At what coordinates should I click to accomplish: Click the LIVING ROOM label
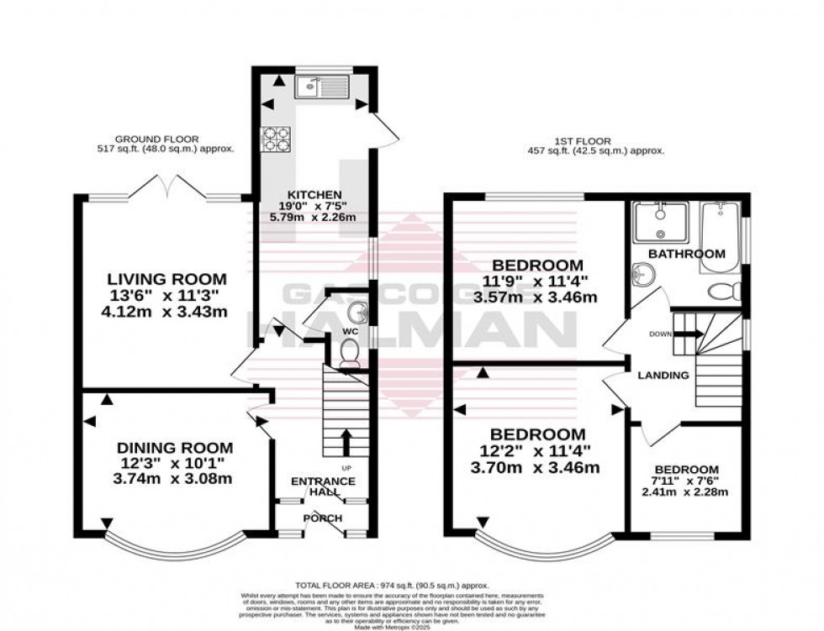point(166,278)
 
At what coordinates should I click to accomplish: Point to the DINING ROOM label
point(174,448)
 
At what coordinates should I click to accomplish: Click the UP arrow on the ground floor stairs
point(345,443)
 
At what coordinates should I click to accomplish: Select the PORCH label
point(323,518)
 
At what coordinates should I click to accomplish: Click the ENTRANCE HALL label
point(323,486)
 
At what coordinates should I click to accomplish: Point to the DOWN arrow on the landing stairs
point(689,334)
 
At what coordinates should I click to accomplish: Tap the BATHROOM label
point(686,253)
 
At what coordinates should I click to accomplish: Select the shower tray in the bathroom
point(660,221)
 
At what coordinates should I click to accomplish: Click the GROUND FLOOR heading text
point(145,139)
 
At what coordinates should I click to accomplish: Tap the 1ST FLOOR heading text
point(588,141)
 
